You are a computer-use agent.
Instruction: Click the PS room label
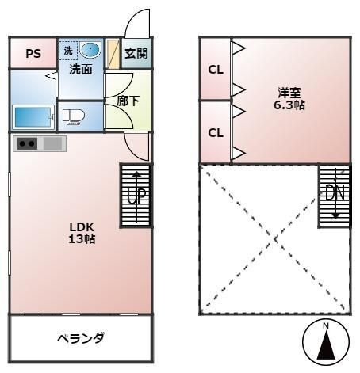tap(33, 54)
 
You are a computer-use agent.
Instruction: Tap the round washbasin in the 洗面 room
tap(90, 49)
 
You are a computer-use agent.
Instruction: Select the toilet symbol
tap(73, 116)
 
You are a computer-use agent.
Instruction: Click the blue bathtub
tap(33, 117)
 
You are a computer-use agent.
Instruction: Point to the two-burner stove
tap(27, 144)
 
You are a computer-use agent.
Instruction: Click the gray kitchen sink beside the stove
tap(52, 144)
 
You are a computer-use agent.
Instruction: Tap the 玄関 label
tap(136, 53)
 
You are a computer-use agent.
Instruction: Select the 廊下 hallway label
tap(128, 101)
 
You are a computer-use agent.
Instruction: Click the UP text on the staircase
tap(136, 196)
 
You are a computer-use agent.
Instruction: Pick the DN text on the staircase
tap(335, 192)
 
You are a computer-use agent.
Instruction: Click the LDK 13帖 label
tap(82, 233)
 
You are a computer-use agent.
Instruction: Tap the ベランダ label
tap(81, 338)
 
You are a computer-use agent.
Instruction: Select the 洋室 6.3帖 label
tap(289, 99)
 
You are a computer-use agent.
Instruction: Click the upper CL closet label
tap(216, 70)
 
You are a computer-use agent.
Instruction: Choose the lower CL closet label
tap(216, 133)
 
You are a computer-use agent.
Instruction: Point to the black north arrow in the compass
tap(326, 345)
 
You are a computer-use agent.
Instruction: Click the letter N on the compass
tap(326, 326)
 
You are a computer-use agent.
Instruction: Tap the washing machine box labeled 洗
tap(68, 51)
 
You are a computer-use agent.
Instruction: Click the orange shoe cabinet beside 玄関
tap(113, 54)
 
